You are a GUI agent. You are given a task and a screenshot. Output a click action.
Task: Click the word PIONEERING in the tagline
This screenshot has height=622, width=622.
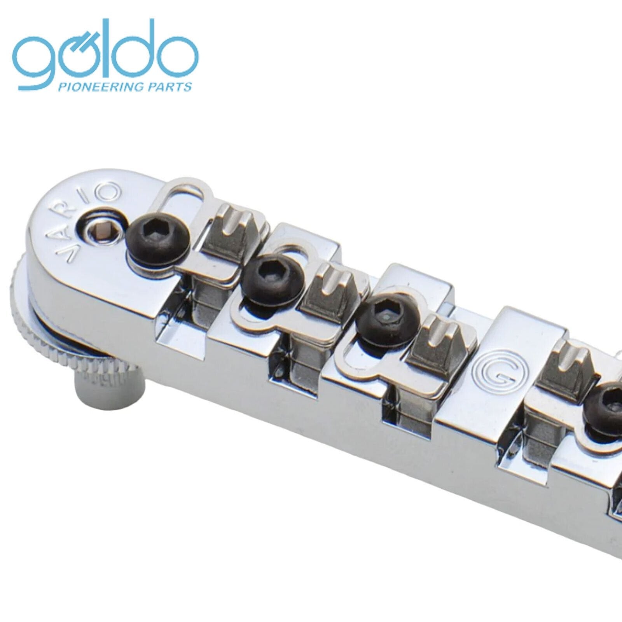99,87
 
